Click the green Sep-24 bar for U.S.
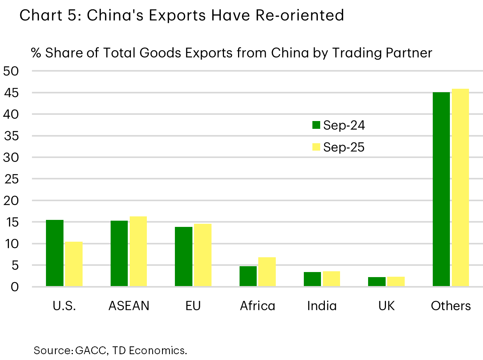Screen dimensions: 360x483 click(x=55, y=253)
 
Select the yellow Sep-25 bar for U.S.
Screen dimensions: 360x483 click(x=74, y=264)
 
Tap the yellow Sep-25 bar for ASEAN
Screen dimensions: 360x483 click(x=138, y=251)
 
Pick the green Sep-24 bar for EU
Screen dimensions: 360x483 click(x=183, y=257)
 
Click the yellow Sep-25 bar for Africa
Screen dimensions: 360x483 click(x=267, y=272)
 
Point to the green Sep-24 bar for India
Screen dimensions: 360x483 click(x=312, y=279)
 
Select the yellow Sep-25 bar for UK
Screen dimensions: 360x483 click(x=396, y=282)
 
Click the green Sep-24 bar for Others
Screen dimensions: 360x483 click(x=441, y=190)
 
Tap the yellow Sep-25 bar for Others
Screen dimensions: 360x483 click(x=460, y=188)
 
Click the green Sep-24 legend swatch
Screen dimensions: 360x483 click(x=316, y=125)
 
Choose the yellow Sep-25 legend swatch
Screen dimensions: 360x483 click(x=316, y=147)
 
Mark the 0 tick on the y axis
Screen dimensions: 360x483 click(x=14, y=287)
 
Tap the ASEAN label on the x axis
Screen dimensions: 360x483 click(x=129, y=306)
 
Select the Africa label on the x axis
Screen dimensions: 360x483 click(x=257, y=306)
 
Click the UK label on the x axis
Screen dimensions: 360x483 click(x=386, y=306)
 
